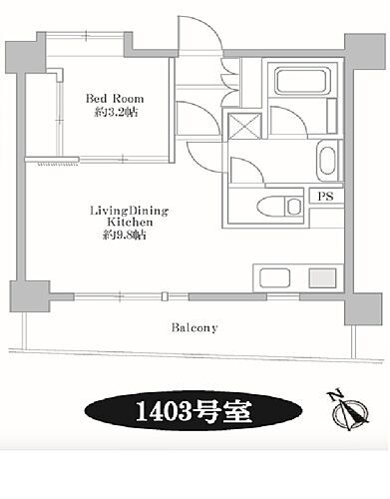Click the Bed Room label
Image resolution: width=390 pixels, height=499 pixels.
(x=115, y=99)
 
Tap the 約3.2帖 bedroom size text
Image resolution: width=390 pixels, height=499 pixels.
(x=116, y=113)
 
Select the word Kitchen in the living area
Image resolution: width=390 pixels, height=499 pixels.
(x=130, y=222)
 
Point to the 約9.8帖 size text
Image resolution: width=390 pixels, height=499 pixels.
(x=124, y=236)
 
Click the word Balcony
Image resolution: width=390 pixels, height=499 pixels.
(x=195, y=328)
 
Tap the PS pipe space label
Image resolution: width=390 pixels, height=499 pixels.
(x=326, y=197)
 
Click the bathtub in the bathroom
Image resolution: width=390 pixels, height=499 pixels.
(x=300, y=81)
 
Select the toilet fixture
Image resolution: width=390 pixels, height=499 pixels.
(x=279, y=207)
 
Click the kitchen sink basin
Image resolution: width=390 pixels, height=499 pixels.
(x=274, y=277)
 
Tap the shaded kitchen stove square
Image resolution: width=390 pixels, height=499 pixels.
(x=322, y=277)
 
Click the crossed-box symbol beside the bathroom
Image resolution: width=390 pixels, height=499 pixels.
(x=245, y=126)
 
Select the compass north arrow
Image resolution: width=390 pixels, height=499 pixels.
(x=350, y=412)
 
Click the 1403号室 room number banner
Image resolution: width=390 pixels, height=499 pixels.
(x=194, y=411)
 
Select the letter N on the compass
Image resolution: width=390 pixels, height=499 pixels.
(x=335, y=395)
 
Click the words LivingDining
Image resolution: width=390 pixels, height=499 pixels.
(x=130, y=211)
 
